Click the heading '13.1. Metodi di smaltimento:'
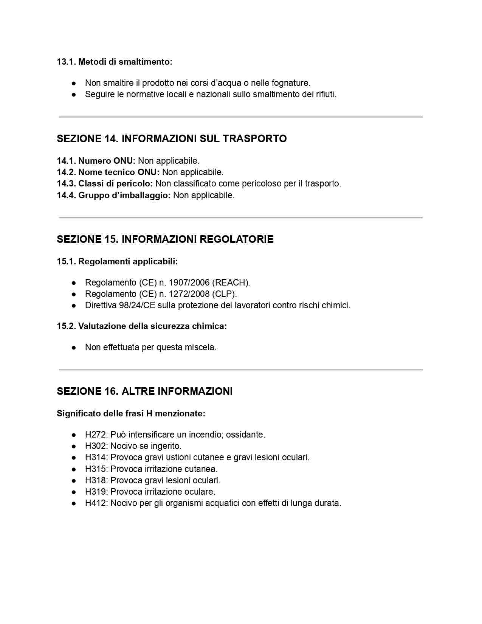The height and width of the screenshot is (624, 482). [115, 62]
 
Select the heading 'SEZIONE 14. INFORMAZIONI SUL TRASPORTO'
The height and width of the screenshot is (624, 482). [172, 139]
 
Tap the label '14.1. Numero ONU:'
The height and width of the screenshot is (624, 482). [96, 161]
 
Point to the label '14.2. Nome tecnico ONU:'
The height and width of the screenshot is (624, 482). [108, 172]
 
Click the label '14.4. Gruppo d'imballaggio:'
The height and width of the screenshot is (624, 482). [114, 195]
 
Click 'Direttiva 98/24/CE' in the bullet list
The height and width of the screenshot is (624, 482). [120, 305]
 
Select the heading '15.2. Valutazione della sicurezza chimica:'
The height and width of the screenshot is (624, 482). [142, 326]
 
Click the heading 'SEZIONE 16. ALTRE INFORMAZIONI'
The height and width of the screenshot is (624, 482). [144, 391]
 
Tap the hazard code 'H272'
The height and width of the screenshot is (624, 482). [96, 435]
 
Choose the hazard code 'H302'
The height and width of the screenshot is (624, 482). [96, 446]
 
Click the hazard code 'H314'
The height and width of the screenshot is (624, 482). [96, 457]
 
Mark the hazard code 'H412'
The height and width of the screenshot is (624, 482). [96, 503]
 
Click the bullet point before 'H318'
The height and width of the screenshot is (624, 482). [74, 480]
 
